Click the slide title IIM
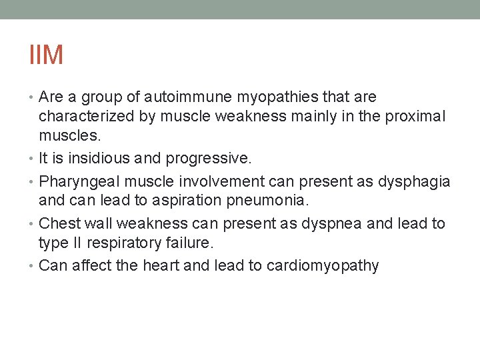(x=46, y=55)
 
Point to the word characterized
(x=87, y=116)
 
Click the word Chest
(x=59, y=223)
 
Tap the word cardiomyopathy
(x=323, y=266)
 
